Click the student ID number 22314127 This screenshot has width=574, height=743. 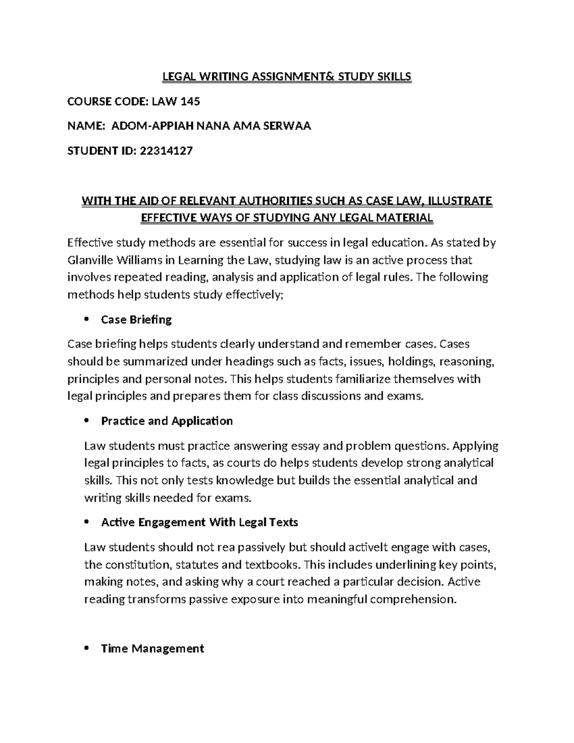pos(166,151)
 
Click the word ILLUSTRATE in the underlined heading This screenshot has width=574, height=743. pos(458,201)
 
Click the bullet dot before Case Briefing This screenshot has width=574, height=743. pos(87,320)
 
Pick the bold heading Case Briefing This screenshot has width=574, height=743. pos(136,320)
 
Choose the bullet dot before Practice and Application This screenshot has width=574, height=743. pos(87,421)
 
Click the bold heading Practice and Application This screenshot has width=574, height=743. pos(167,421)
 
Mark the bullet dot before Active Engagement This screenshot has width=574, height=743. pos(87,522)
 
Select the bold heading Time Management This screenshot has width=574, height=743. pos(153,649)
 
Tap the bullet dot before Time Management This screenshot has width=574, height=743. pos(87,649)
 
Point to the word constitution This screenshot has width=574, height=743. pos(136,565)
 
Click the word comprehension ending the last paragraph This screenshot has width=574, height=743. pos(411,599)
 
